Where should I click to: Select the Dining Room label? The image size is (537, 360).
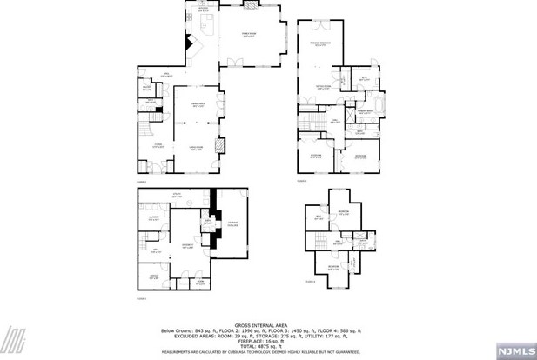(198, 105)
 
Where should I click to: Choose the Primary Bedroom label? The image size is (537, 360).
(320, 43)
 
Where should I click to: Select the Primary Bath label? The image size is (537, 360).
(366, 112)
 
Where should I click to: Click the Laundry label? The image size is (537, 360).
(153, 218)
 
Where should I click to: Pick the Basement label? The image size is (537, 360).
(186, 246)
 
